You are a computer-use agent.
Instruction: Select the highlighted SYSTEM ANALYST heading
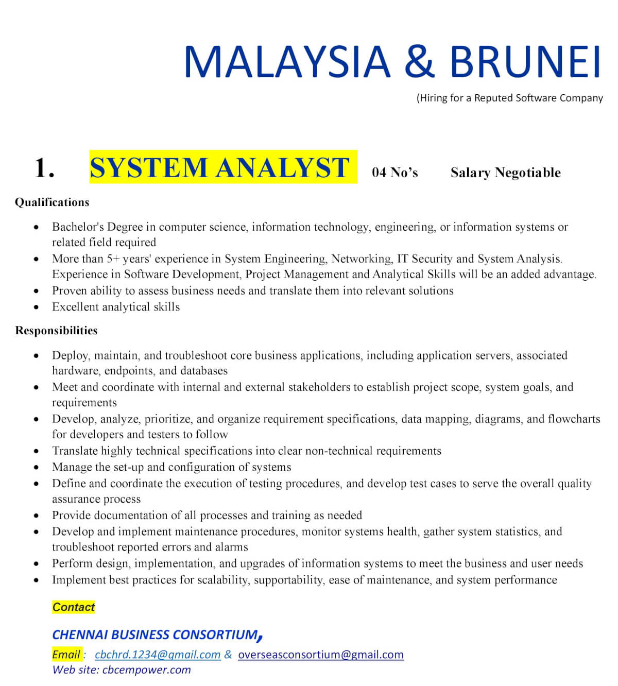coord(220,167)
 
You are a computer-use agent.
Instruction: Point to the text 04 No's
coord(395,173)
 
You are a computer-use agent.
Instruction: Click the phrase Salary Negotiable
coord(505,173)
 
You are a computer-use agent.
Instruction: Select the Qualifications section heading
coord(52,202)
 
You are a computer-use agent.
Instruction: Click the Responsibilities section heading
coord(56,331)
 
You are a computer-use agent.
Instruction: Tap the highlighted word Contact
coord(74,607)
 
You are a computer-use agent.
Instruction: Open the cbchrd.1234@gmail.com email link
coord(158,655)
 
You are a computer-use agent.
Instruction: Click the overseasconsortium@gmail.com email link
coord(321,655)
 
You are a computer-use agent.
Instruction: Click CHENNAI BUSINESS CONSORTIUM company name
coord(154,634)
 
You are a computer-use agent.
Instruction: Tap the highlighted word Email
coord(66,655)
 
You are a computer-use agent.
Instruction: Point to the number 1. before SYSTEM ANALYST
coord(44,168)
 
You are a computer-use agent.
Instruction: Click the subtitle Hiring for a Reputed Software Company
coord(510,98)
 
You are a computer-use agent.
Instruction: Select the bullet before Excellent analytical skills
coord(36,307)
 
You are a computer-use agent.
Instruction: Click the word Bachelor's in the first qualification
coord(78,227)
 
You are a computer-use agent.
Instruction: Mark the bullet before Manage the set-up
coord(36,468)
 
